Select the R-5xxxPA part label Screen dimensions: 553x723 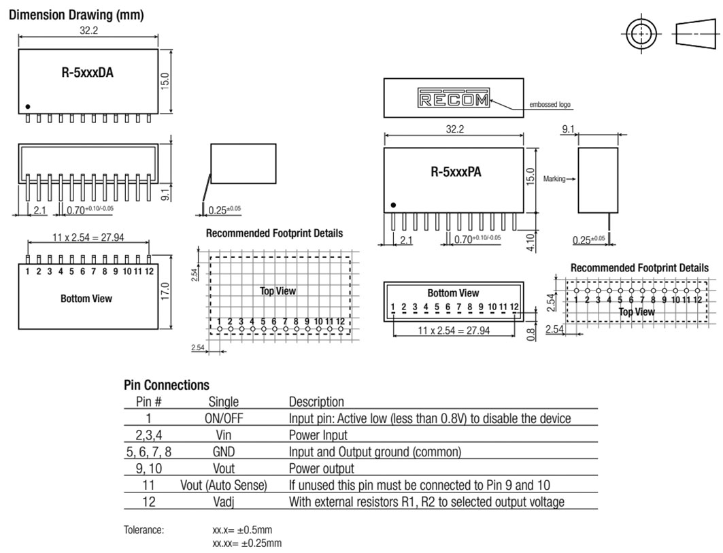(456, 172)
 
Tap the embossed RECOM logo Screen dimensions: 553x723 (452, 99)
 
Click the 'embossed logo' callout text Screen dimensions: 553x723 (550, 105)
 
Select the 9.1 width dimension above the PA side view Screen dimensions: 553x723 (569, 129)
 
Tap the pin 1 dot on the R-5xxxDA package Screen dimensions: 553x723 (28, 107)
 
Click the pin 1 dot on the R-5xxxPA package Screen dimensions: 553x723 (393, 205)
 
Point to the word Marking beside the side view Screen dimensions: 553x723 (556, 180)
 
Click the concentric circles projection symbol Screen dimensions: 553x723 (641, 33)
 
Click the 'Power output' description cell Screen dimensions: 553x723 (321, 469)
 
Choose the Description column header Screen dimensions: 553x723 (316, 402)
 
